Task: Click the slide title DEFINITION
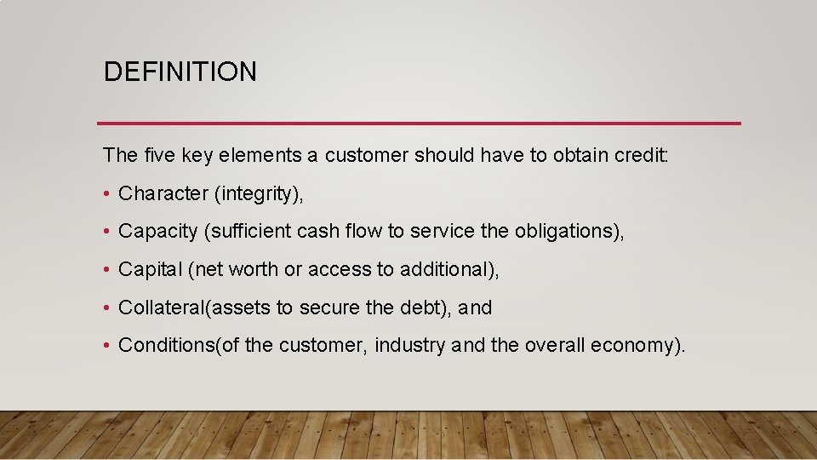click(x=180, y=72)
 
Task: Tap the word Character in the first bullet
click(x=163, y=194)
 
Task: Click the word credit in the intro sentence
click(x=645, y=155)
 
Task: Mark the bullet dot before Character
click(x=107, y=195)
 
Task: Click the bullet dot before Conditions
click(x=107, y=346)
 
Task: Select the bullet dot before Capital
click(x=107, y=271)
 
